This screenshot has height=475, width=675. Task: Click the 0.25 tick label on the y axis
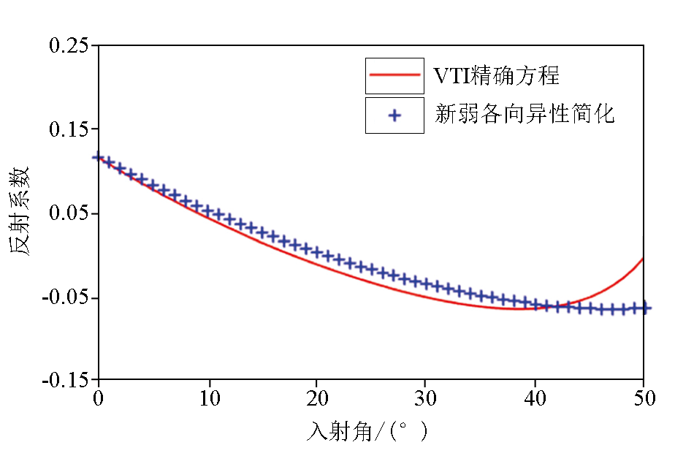coord(68,45)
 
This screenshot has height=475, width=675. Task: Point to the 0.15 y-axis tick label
coord(68,129)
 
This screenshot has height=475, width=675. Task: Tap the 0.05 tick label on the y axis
coord(68,213)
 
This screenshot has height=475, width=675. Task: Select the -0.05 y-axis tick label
coord(65,298)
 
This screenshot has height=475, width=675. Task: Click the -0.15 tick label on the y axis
coord(65,381)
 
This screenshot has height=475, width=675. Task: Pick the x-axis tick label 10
coord(210,400)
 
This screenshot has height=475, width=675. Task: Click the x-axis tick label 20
coord(316,400)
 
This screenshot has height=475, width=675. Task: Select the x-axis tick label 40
coord(535,400)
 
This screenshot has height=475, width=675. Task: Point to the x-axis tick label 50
coord(643,400)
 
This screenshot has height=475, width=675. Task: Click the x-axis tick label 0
coord(98,400)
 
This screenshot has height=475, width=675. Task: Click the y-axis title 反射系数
coord(20,210)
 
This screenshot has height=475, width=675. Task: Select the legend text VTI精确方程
coord(497,75)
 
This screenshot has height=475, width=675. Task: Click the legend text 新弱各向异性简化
coord(525,115)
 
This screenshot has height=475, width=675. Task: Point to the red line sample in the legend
coord(394,75)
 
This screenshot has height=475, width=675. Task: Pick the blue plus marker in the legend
coord(394,115)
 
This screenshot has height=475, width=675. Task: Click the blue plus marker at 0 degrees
coord(98,156)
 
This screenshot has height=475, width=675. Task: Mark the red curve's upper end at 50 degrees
coord(643,258)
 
